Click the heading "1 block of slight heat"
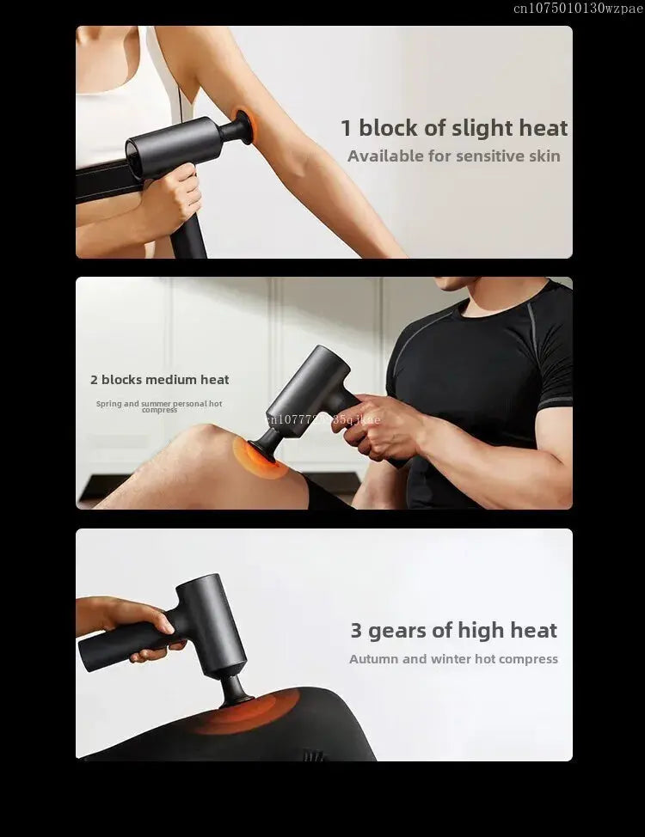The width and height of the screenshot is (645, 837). pyautogui.click(x=454, y=128)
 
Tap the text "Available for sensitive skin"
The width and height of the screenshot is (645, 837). pyautogui.click(x=453, y=156)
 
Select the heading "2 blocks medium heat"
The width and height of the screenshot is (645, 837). pyautogui.click(x=159, y=379)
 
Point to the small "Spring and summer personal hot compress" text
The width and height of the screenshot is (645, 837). pyautogui.click(x=159, y=406)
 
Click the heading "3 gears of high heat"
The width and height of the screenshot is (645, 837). pyautogui.click(x=453, y=630)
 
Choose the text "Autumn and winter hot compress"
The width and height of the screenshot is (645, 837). pyautogui.click(x=453, y=659)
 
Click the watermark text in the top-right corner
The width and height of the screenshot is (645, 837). pyautogui.click(x=577, y=9)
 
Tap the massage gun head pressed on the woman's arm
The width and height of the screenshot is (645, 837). pyautogui.click(x=242, y=127)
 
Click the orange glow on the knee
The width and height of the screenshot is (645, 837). pyautogui.click(x=256, y=455)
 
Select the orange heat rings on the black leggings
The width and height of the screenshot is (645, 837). pyautogui.click(x=245, y=712)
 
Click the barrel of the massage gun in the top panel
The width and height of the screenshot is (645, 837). pyautogui.click(x=172, y=146)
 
